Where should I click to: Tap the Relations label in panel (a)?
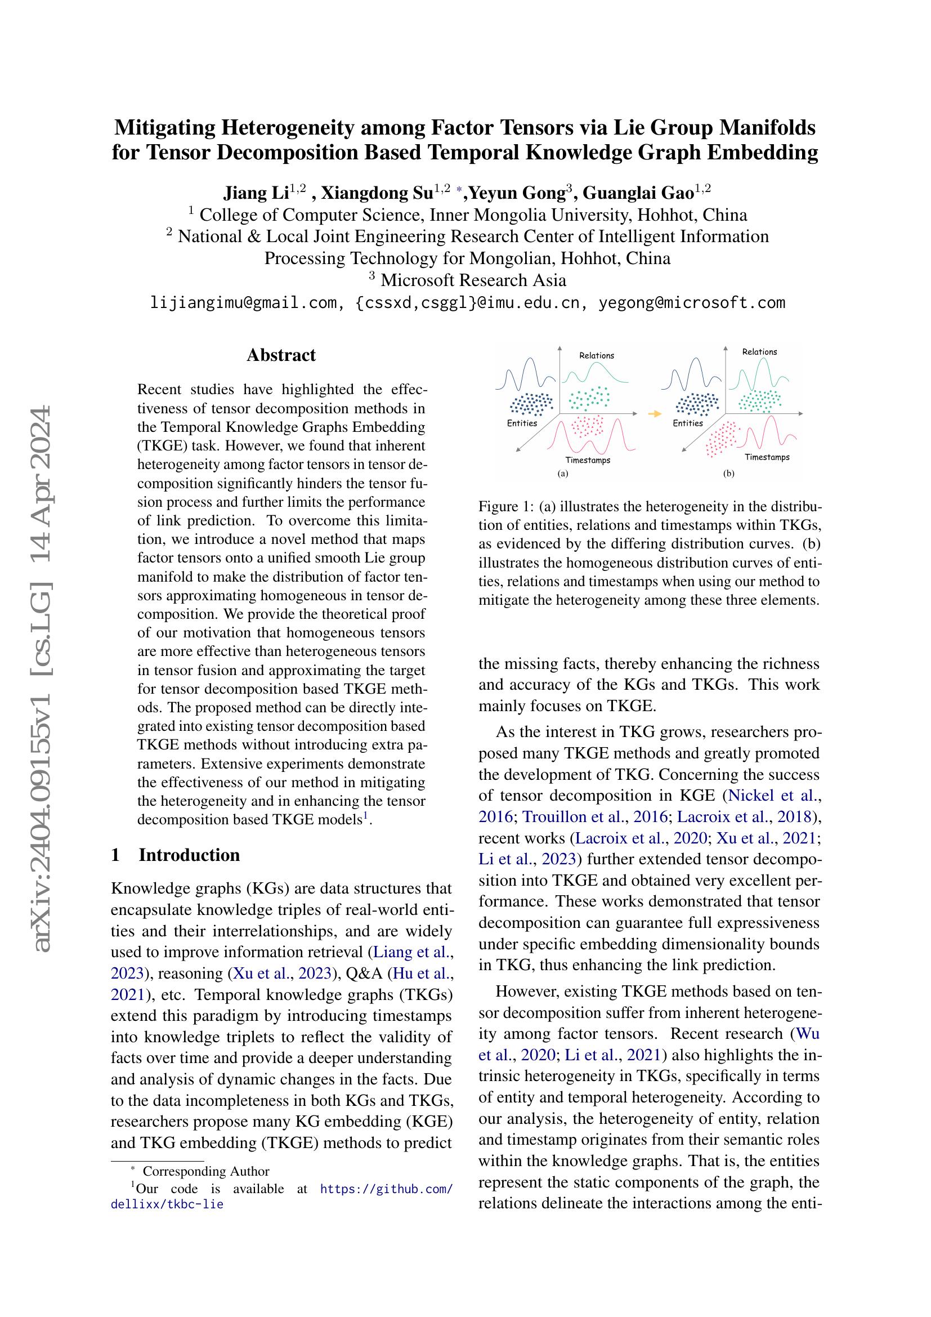[596, 356]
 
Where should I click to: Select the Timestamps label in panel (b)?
[767, 457]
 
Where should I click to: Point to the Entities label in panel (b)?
[687, 423]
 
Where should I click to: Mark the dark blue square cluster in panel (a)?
[531, 404]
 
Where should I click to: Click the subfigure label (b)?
[728, 474]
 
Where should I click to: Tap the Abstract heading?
[281, 355]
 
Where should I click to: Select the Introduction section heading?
[189, 855]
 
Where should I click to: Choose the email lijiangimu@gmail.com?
[243, 302]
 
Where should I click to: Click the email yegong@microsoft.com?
[691, 302]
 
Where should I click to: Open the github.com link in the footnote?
[386, 1189]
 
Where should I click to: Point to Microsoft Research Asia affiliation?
[473, 280]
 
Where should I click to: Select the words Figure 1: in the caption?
[506, 507]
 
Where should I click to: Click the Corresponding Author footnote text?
[206, 1171]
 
